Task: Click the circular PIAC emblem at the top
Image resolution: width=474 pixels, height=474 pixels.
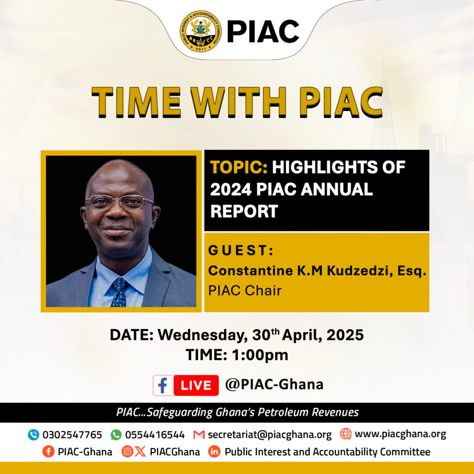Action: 201,31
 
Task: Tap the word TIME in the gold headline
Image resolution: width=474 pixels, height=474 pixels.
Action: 136,102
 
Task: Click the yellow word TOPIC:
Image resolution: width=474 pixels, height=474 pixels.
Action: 238,167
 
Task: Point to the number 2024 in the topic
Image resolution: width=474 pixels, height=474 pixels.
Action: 231,189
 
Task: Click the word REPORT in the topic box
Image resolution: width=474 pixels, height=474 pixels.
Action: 244,211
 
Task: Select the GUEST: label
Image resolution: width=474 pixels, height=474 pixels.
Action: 241,250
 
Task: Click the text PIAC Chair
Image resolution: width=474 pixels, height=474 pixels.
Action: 245,291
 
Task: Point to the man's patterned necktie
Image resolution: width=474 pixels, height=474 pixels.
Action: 119,292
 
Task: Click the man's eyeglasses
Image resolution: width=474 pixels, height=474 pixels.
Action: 119,202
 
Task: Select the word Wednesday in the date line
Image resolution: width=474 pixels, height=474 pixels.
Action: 202,335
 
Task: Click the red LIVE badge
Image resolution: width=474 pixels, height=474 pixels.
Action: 196,386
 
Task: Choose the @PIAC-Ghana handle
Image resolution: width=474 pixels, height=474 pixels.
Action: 274,385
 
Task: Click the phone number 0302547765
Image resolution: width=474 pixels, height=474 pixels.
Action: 72,435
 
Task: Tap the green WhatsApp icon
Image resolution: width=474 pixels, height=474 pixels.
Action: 116,435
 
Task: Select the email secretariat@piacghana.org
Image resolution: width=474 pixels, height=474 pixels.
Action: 270,435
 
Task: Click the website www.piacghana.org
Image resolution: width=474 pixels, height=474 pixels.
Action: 400,434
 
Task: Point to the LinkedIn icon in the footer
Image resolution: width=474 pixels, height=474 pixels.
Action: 214,452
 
